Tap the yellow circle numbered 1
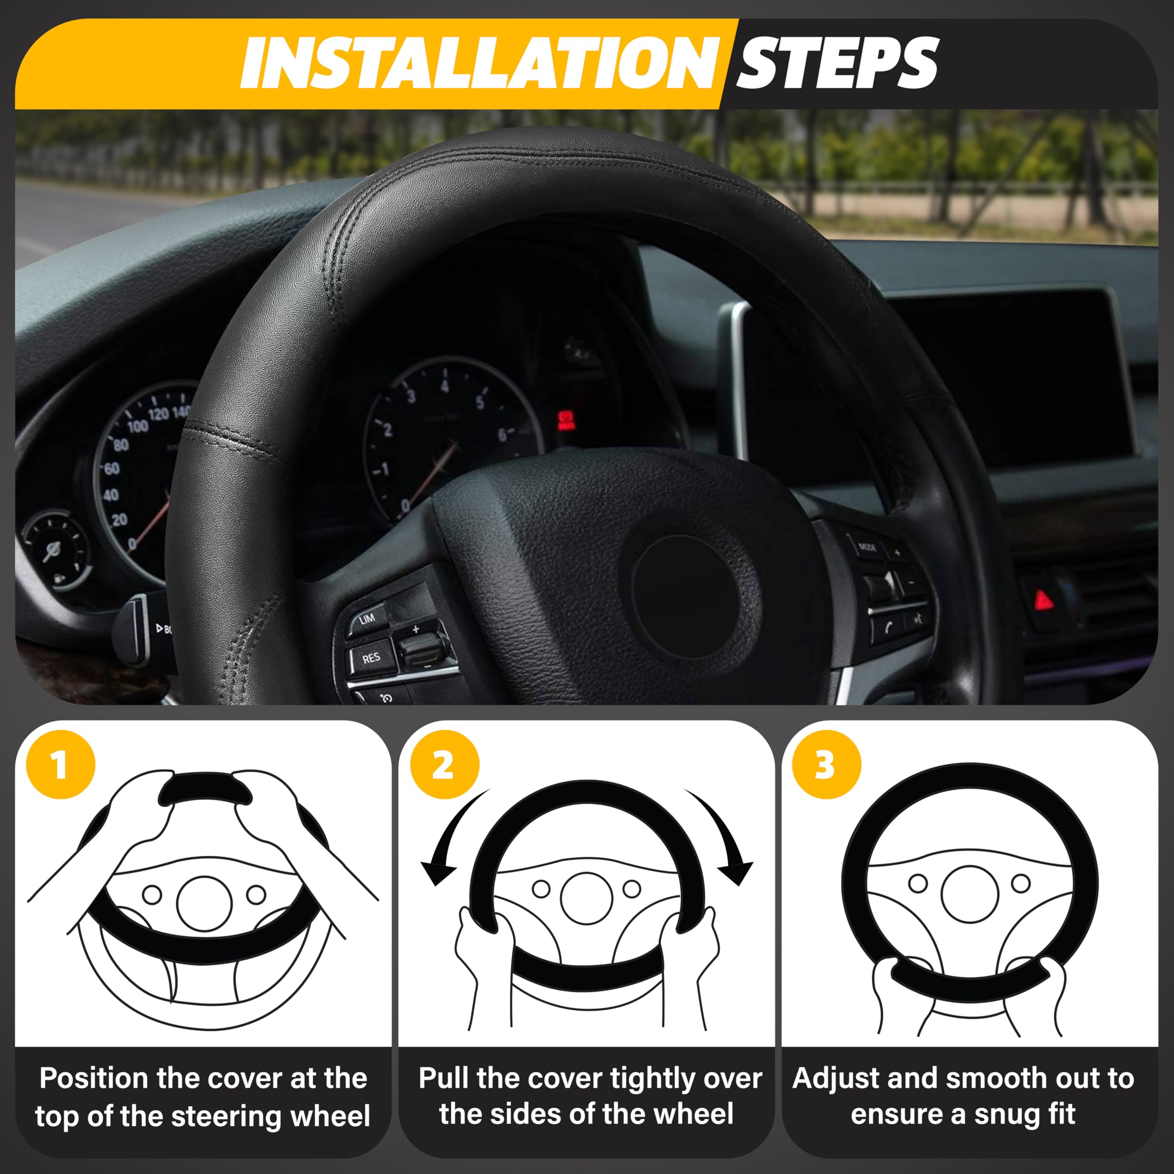61,764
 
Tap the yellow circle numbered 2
444,764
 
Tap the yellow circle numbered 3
826,764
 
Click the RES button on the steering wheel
371,658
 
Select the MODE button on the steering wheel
867,548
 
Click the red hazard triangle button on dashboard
1044,600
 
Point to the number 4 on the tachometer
445,387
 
